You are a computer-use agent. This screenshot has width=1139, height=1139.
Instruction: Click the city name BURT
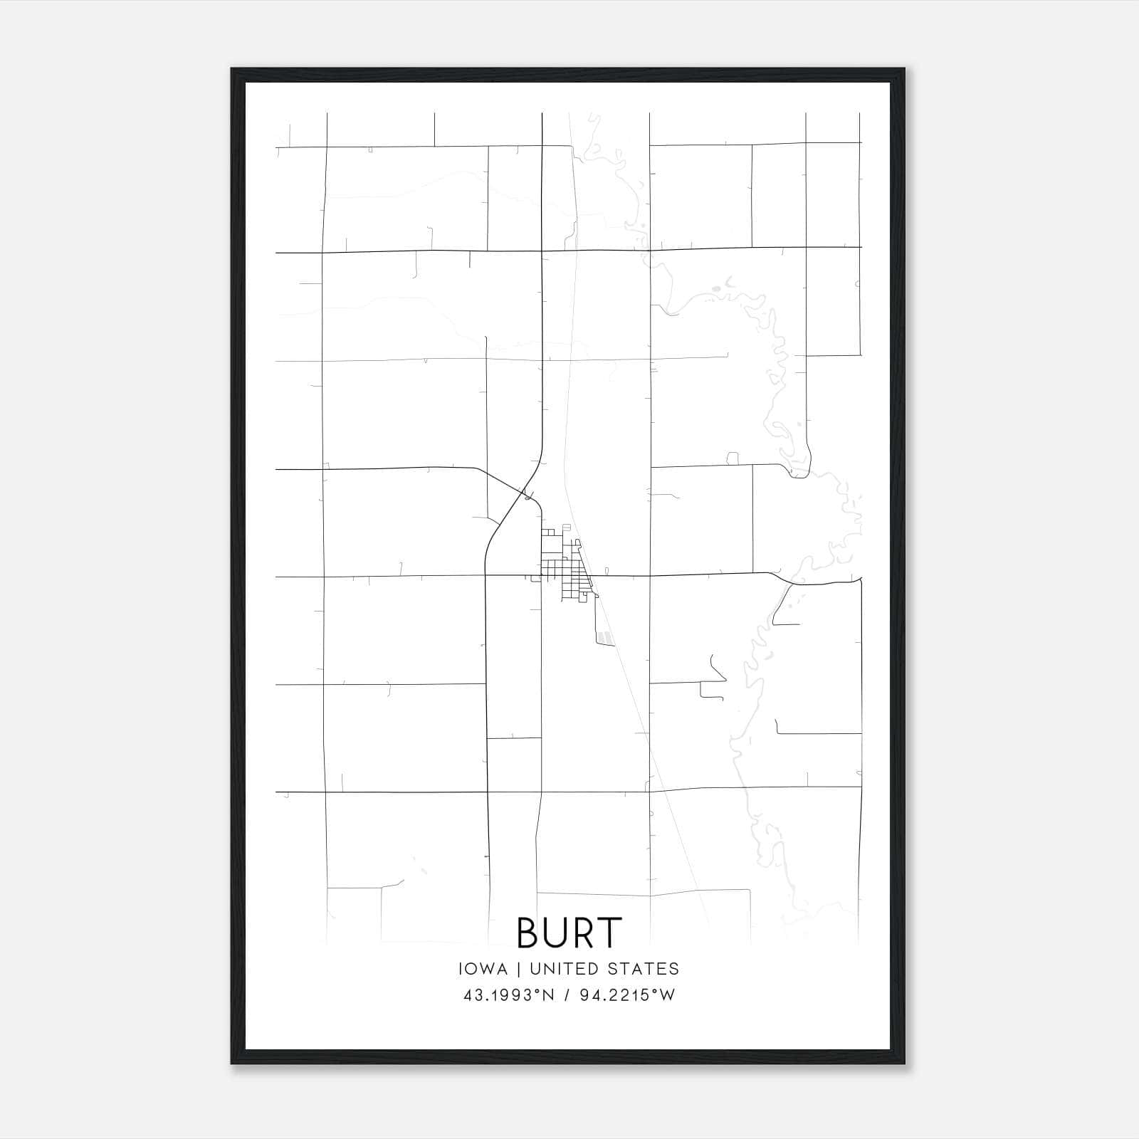569,933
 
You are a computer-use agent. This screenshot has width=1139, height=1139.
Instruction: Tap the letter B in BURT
528,933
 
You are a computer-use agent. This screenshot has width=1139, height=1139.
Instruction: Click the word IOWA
483,969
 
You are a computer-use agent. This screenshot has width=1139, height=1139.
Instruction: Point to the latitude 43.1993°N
508,995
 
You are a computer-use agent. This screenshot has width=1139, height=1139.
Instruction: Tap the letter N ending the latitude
548,995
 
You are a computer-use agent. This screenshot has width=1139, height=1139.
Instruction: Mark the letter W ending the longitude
667,995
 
